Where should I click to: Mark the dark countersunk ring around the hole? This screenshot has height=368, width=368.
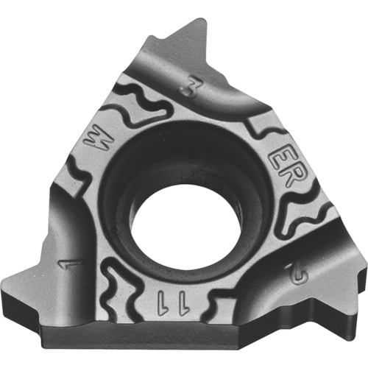pyautogui.click(x=147, y=177)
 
